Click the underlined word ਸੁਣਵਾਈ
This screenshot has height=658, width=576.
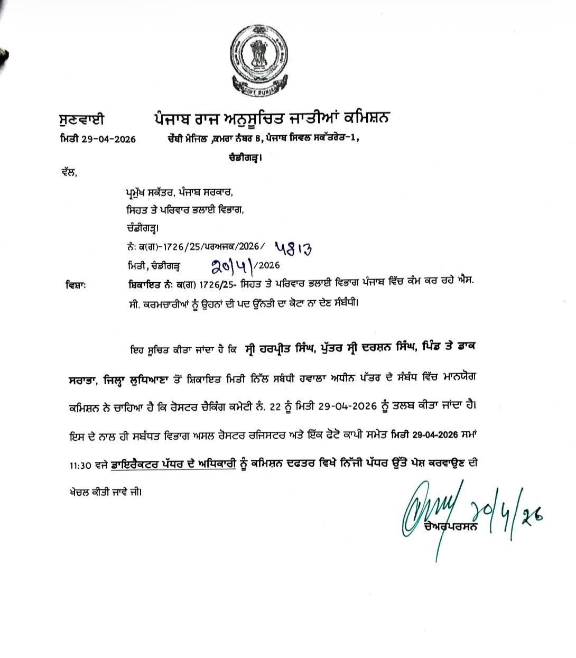pos(82,119)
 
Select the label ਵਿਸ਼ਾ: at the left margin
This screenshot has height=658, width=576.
pos(74,285)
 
